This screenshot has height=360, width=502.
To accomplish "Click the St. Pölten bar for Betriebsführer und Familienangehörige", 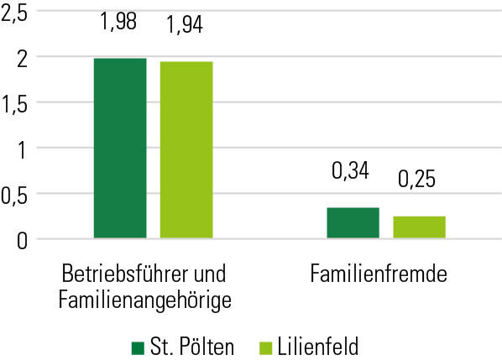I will pyautogui.click(x=120, y=149).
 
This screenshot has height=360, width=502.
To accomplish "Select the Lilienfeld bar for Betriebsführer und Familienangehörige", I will pyautogui.click(x=186, y=150).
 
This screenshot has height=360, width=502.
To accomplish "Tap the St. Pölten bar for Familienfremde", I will pyautogui.click(x=353, y=223).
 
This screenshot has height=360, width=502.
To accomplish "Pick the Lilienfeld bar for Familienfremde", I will pyautogui.click(x=419, y=227).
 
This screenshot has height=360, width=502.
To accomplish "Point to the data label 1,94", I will pyautogui.click(x=186, y=25).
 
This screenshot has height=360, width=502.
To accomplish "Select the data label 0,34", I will pyautogui.click(x=351, y=171).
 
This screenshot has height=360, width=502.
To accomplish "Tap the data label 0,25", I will pyautogui.click(x=417, y=179).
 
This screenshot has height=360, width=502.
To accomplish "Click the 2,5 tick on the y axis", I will pyautogui.click(x=15, y=12).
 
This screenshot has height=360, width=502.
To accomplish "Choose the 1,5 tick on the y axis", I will pyautogui.click(x=15, y=102).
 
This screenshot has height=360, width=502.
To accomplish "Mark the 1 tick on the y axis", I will pyautogui.click(x=20, y=149).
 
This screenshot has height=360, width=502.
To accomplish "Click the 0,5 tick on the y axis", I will pyautogui.click(x=15, y=194).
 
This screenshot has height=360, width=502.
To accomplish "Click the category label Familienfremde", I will pyautogui.click(x=378, y=274).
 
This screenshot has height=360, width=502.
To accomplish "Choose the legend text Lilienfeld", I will pyautogui.click(x=320, y=346).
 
